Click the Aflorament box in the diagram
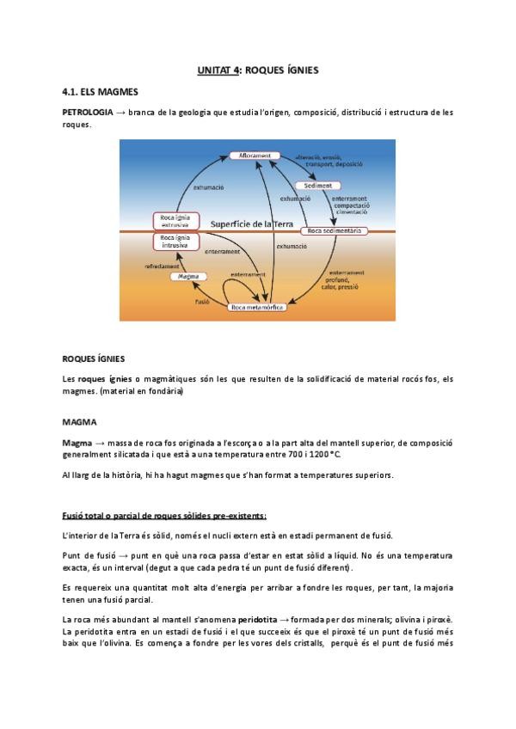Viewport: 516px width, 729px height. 255,156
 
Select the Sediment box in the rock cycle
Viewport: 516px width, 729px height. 318,185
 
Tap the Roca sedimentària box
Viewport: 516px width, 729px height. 335,230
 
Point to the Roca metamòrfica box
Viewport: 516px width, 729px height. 257,306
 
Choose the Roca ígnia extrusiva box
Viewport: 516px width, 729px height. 175,221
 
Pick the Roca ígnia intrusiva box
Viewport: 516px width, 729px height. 175,241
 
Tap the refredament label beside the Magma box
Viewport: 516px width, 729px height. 162,266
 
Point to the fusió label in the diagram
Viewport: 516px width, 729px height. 203,302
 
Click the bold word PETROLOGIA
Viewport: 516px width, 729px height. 87,113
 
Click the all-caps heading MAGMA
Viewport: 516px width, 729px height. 79,422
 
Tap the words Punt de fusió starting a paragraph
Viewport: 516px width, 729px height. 91,556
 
